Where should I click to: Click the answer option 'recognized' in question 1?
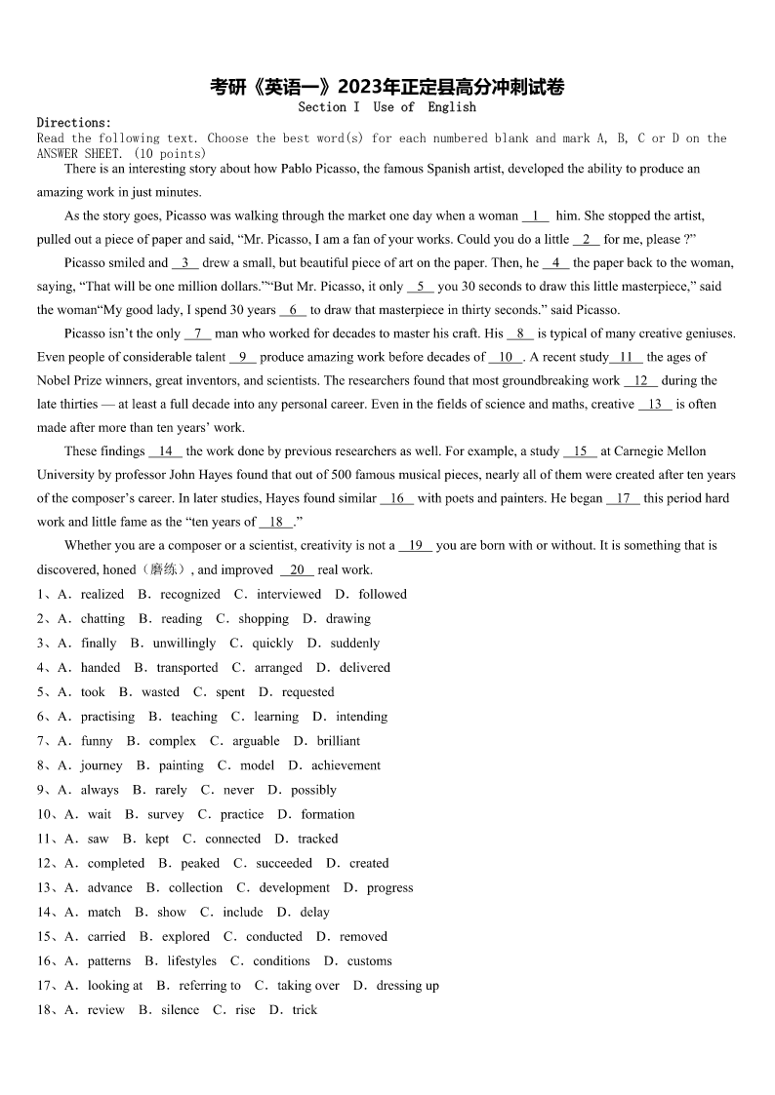coord(190,594)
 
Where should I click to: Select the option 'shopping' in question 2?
coord(264,618)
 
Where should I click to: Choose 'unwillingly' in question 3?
coord(184,643)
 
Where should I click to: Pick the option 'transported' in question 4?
coord(187,667)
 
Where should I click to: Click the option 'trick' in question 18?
coord(305,1009)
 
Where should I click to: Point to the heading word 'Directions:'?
coord(74,123)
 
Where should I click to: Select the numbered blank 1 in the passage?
coord(536,215)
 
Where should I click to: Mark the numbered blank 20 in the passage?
coord(297,569)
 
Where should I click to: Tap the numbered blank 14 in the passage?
coord(166,450)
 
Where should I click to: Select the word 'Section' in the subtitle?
coord(322,107)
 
